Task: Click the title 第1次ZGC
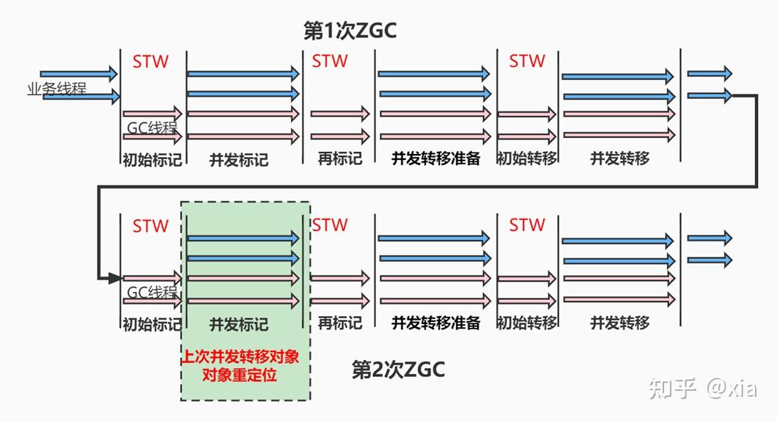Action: point(350,30)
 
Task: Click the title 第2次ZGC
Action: point(398,370)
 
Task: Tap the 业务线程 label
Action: point(56,89)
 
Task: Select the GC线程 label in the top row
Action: point(152,128)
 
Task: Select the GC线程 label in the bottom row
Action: point(152,292)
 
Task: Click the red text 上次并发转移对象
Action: point(245,357)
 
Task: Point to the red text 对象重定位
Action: point(245,376)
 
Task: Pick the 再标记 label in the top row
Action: point(339,158)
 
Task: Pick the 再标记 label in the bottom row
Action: point(339,323)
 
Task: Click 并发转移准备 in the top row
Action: point(435,158)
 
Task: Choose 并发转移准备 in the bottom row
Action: point(435,323)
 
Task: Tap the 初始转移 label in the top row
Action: point(527,158)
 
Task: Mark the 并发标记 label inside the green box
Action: point(239,323)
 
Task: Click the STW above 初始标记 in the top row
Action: point(150,62)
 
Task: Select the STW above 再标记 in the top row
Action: point(330,62)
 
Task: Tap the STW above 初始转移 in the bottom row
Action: point(527,225)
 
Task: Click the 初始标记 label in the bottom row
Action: point(152,323)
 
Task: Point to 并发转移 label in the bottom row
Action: point(620,323)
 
